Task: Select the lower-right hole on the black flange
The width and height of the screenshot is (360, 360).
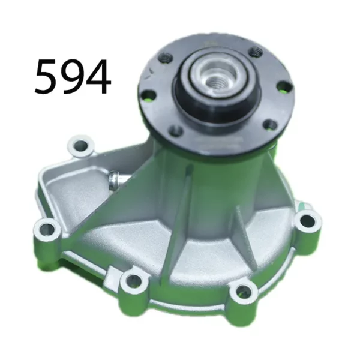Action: pos(271,125)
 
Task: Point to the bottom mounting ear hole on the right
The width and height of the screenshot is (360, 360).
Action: pos(243,292)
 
